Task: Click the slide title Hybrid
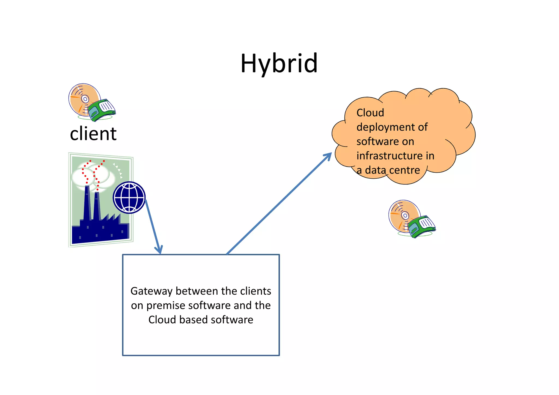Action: coord(279,63)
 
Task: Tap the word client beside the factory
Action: coord(93,134)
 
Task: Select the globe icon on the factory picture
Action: coord(129,197)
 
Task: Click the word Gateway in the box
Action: coord(151,291)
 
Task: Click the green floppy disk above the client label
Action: coord(102,110)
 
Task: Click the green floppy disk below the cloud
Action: coord(422,226)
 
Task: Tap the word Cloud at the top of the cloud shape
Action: coord(370,113)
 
